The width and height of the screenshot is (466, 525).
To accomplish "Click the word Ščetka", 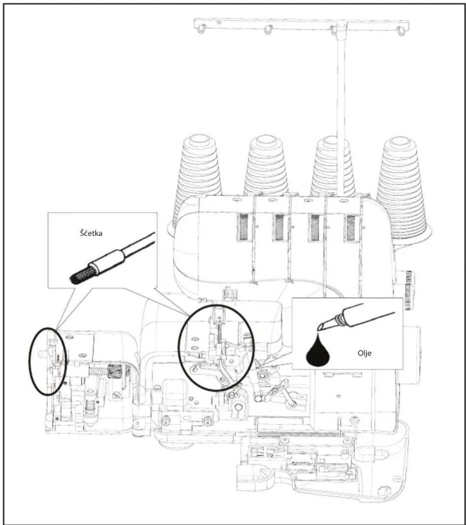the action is (x=91, y=233).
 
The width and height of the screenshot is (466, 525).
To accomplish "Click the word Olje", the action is (x=365, y=353).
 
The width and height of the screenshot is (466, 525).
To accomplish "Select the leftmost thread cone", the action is (x=199, y=166).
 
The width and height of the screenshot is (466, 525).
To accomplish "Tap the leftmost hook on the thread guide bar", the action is (x=201, y=29).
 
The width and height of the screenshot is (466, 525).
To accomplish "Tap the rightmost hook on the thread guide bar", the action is (x=401, y=30).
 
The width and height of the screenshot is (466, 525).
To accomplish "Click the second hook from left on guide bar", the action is (x=268, y=29).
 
